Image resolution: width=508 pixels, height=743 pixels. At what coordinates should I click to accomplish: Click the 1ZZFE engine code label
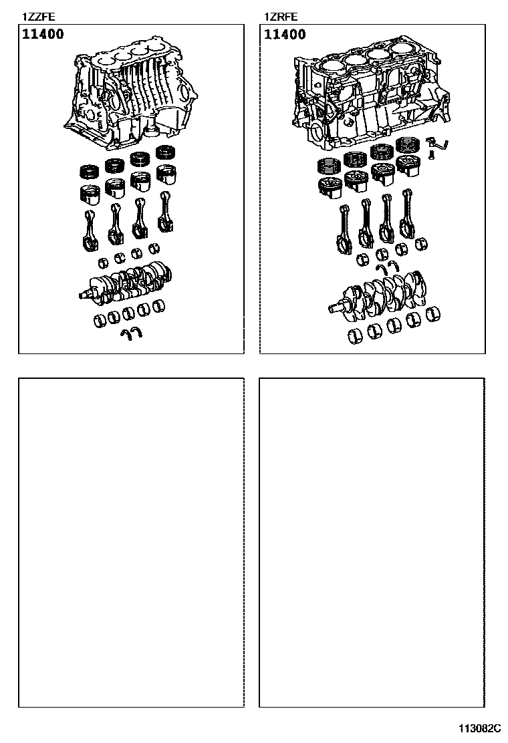(x=39, y=17)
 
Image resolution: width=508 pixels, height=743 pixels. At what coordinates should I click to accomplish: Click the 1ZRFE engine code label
(x=281, y=17)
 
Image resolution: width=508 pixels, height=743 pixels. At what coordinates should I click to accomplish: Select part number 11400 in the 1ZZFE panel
(x=43, y=34)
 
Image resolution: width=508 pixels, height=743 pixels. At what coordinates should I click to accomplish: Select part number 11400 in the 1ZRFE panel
(x=285, y=34)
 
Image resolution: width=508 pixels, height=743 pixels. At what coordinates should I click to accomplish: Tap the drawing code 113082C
(x=479, y=728)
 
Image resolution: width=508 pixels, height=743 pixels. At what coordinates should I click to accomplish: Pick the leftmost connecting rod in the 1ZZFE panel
(x=89, y=231)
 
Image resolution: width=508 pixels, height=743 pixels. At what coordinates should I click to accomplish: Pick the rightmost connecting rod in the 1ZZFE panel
(x=165, y=211)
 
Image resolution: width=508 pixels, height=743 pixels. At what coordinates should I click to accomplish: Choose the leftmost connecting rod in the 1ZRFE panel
(x=344, y=227)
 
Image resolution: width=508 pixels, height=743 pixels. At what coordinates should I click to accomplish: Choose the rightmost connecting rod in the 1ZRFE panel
(x=406, y=212)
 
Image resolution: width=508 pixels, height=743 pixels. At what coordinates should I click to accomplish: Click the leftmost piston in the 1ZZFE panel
(x=90, y=194)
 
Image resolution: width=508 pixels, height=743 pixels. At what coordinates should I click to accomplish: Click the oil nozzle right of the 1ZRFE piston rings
(x=438, y=142)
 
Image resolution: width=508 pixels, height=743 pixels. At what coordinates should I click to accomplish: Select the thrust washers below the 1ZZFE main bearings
(x=131, y=333)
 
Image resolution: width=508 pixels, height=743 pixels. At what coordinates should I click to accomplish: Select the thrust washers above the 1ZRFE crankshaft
(x=388, y=267)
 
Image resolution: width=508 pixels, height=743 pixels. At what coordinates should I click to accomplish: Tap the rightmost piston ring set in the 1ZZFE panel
(x=167, y=152)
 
